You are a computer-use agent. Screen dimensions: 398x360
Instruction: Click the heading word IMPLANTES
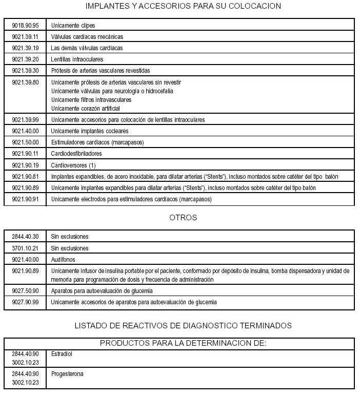(106, 6)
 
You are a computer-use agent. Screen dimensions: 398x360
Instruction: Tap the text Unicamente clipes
(73, 25)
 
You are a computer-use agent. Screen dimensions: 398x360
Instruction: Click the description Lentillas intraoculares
(77, 59)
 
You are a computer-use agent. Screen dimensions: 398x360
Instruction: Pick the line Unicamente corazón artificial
(85, 108)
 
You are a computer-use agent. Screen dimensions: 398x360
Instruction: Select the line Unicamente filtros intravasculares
(91, 99)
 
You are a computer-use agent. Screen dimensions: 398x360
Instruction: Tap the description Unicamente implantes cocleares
(90, 131)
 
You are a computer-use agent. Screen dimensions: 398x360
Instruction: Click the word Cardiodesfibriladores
(76, 153)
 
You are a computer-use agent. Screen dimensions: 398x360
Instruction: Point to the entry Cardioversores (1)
(73, 165)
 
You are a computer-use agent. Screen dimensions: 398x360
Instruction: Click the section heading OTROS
(183, 218)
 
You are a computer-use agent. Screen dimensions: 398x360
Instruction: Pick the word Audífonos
(63, 259)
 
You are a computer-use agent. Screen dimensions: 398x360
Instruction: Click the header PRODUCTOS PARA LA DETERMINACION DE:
(183, 343)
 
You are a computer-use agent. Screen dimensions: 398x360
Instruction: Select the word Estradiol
(62, 353)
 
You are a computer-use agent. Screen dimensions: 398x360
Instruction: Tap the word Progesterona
(67, 373)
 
